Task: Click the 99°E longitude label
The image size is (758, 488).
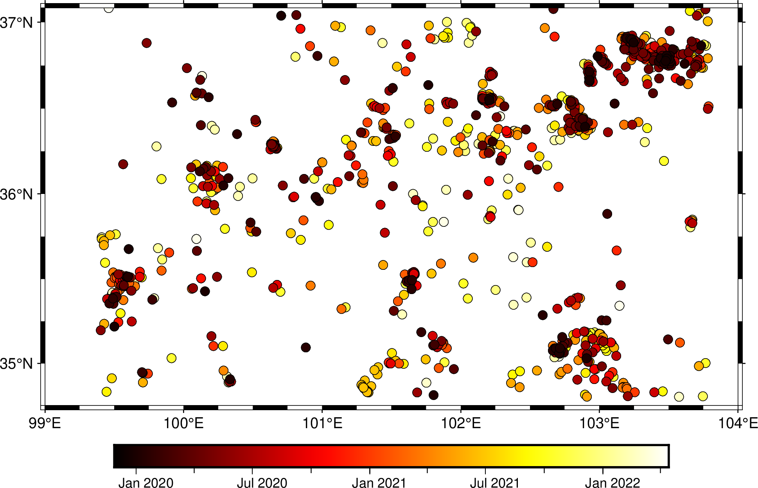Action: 45,423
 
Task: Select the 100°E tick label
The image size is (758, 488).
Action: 183,423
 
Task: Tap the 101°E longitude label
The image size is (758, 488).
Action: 322,423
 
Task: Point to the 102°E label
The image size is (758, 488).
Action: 461,423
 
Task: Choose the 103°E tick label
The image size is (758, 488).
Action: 599,423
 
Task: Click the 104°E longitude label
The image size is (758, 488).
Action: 738,423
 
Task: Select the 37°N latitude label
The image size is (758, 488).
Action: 16,23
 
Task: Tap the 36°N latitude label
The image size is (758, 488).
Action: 16,194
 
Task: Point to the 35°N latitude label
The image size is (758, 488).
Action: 16,364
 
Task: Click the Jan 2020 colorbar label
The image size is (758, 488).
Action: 146,483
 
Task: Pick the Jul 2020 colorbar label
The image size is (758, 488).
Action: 262,483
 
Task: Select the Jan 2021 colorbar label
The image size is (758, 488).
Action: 379,483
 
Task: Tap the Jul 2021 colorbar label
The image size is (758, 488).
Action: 495,483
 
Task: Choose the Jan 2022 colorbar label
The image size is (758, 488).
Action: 613,483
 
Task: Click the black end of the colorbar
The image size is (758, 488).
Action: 117,456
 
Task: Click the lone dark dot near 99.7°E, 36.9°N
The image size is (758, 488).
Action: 146,43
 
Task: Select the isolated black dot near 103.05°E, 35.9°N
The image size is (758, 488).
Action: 607,214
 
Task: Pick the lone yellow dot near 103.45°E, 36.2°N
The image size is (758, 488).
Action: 664,161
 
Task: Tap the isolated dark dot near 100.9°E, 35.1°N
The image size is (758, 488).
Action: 306,347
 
